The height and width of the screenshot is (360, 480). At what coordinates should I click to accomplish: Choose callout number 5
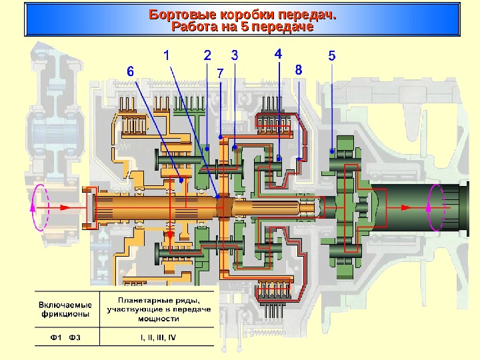point(332,55)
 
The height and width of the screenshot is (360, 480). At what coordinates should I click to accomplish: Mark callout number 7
point(220,71)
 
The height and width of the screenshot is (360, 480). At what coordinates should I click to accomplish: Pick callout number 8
point(299,69)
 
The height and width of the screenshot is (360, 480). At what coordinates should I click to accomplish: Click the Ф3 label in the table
point(75,337)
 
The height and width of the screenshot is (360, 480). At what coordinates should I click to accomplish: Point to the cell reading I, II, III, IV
point(158,337)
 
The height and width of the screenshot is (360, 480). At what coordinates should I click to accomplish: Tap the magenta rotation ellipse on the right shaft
point(435,207)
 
